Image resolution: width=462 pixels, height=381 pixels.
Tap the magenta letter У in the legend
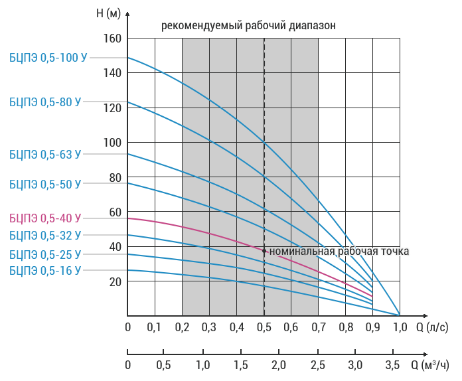(78, 217)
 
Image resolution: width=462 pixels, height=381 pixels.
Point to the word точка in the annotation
(395, 252)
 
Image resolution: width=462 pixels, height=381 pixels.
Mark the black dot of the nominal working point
(264, 252)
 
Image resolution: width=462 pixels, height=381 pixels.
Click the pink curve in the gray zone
(219, 235)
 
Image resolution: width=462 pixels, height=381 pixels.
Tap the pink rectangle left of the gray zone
(155, 258)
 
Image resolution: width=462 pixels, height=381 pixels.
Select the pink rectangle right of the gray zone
(345, 258)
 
